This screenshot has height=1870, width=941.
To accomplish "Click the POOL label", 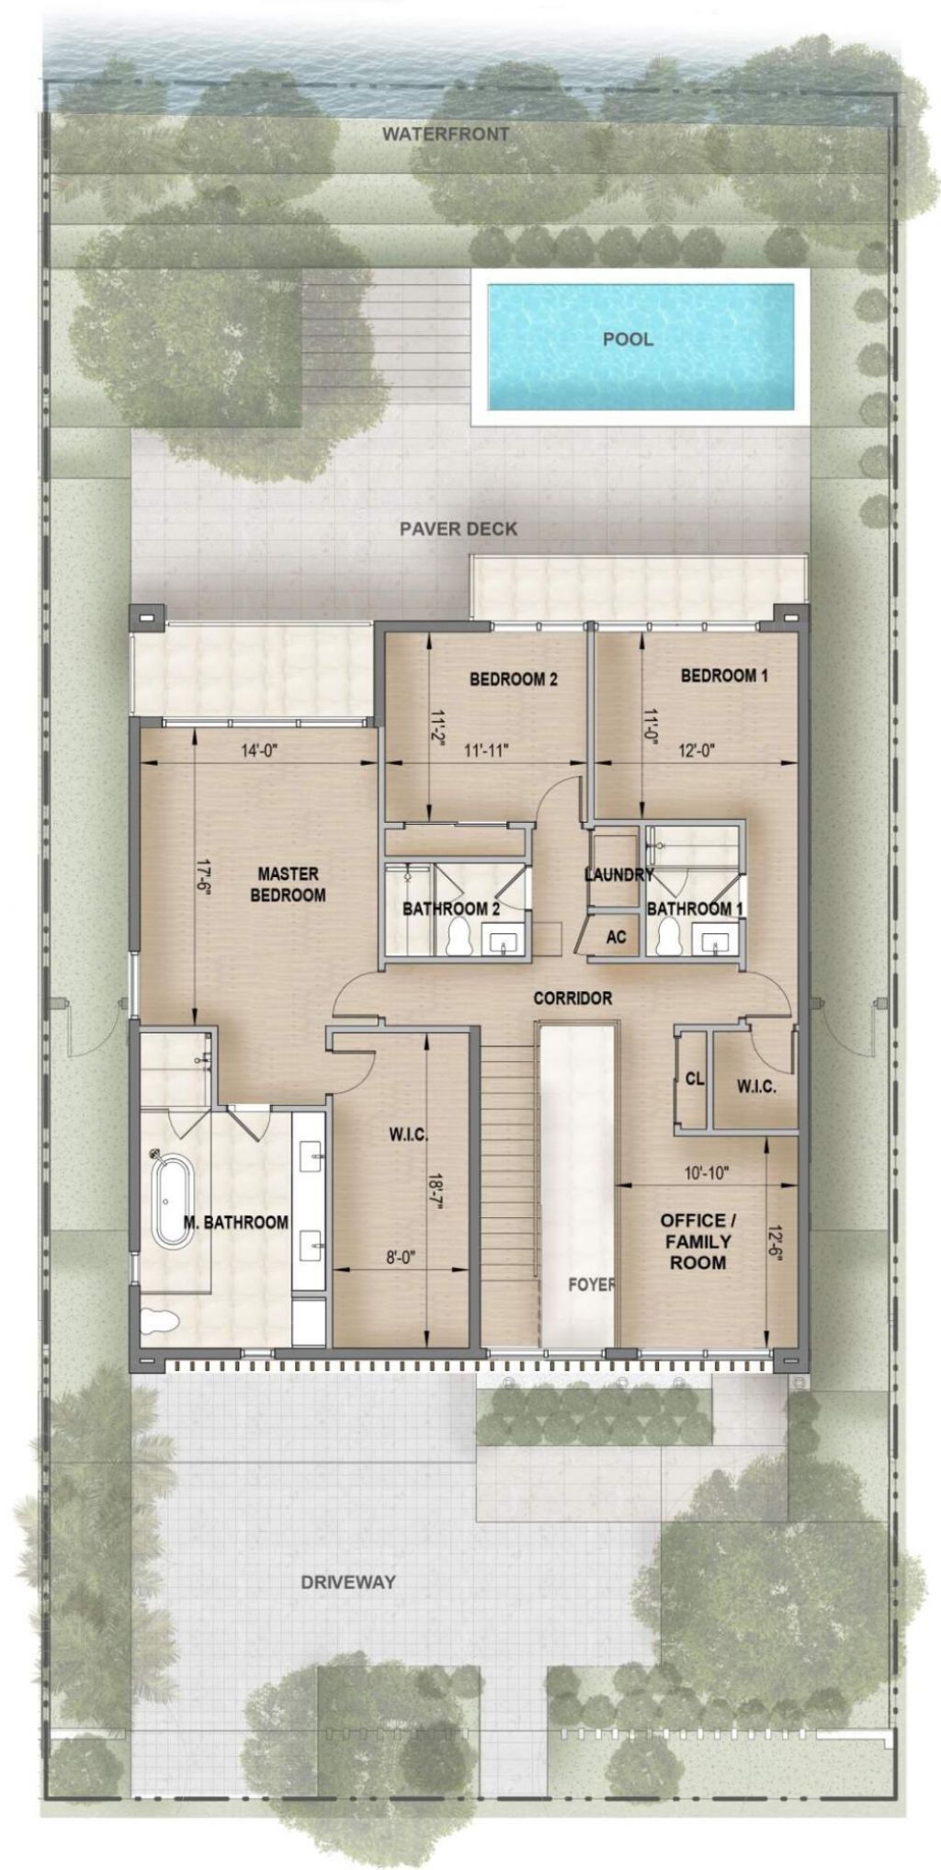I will click(x=629, y=339).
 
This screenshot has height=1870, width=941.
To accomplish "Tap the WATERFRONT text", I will click(x=445, y=134).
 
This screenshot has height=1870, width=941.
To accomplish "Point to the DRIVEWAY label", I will click(x=348, y=1582).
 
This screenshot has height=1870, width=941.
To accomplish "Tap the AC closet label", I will click(x=616, y=937).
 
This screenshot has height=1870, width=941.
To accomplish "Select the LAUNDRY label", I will click(x=618, y=874).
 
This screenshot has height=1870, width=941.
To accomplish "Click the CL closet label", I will click(x=695, y=1079).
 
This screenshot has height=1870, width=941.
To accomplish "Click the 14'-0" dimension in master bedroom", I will click(x=259, y=750).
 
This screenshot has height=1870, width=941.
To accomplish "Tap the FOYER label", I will click(x=591, y=1284).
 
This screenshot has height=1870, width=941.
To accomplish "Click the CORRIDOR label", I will click(x=573, y=998).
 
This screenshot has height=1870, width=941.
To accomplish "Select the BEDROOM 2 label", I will click(x=514, y=679).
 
